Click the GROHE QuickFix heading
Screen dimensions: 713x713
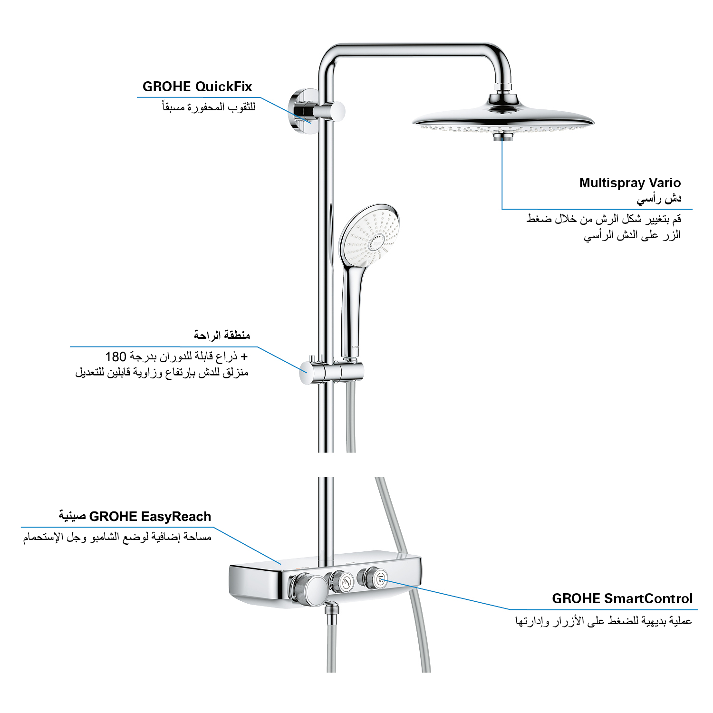pos(197,87)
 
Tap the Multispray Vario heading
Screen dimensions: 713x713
pos(630,183)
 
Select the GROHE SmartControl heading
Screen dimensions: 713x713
pos(622,598)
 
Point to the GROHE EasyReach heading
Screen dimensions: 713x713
pos(150,517)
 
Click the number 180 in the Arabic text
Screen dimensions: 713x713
pos(116,356)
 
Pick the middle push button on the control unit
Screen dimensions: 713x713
pos(343,581)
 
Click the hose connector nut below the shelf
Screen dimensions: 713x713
pos(332,609)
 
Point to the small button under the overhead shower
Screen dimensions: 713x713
pos(502,137)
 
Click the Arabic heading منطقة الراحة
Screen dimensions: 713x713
pos(222,335)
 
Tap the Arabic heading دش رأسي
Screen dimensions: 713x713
pos(659,199)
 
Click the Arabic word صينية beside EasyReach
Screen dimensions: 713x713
pos(72,517)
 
